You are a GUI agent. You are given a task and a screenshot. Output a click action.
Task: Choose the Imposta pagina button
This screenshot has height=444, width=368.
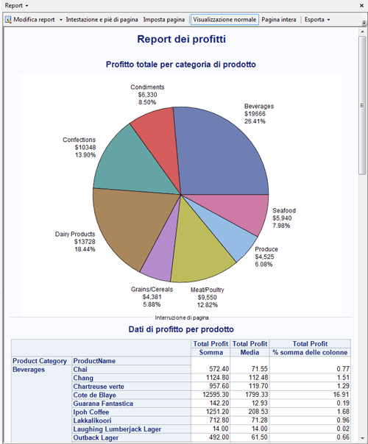164,19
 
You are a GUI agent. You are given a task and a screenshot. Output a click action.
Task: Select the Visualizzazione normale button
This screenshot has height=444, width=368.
224,19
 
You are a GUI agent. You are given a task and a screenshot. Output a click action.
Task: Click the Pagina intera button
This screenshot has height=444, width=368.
280,19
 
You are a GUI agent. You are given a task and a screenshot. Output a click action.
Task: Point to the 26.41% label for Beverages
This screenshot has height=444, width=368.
255,121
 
